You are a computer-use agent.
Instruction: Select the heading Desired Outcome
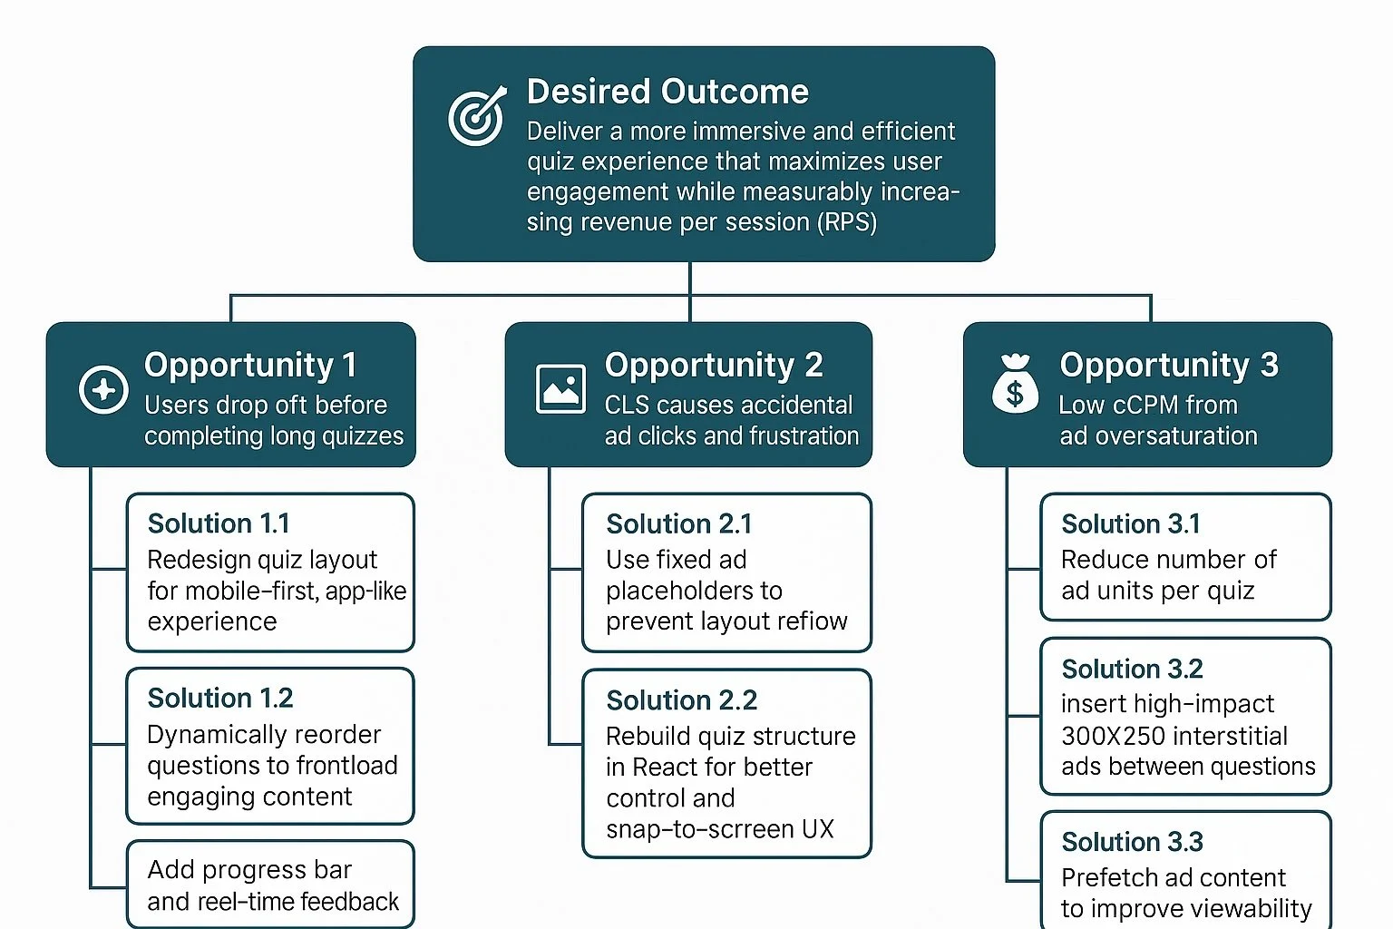click(x=667, y=92)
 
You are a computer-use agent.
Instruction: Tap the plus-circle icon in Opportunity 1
click(x=103, y=390)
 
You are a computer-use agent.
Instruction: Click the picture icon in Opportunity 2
click(x=560, y=389)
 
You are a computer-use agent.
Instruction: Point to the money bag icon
click(x=1015, y=385)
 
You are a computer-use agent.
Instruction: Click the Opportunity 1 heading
click(x=250, y=365)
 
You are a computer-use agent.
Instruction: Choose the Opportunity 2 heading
click(x=714, y=365)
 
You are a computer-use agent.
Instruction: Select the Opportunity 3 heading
click(x=1169, y=365)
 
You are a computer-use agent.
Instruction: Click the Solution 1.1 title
click(x=219, y=523)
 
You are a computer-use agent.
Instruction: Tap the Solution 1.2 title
click(x=220, y=698)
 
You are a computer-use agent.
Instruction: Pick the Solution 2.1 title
click(x=678, y=523)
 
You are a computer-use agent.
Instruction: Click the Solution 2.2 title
click(x=681, y=700)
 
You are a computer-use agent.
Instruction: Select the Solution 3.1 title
click(x=1130, y=523)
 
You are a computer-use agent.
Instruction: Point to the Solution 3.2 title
click(x=1132, y=669)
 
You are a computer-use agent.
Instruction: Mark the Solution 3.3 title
click(x=1132, y=842)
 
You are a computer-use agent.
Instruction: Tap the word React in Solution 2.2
click(x=665, y=767)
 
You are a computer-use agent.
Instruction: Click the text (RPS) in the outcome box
click(x=847, y=221)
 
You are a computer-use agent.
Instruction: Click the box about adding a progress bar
click(x=271, y=885)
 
